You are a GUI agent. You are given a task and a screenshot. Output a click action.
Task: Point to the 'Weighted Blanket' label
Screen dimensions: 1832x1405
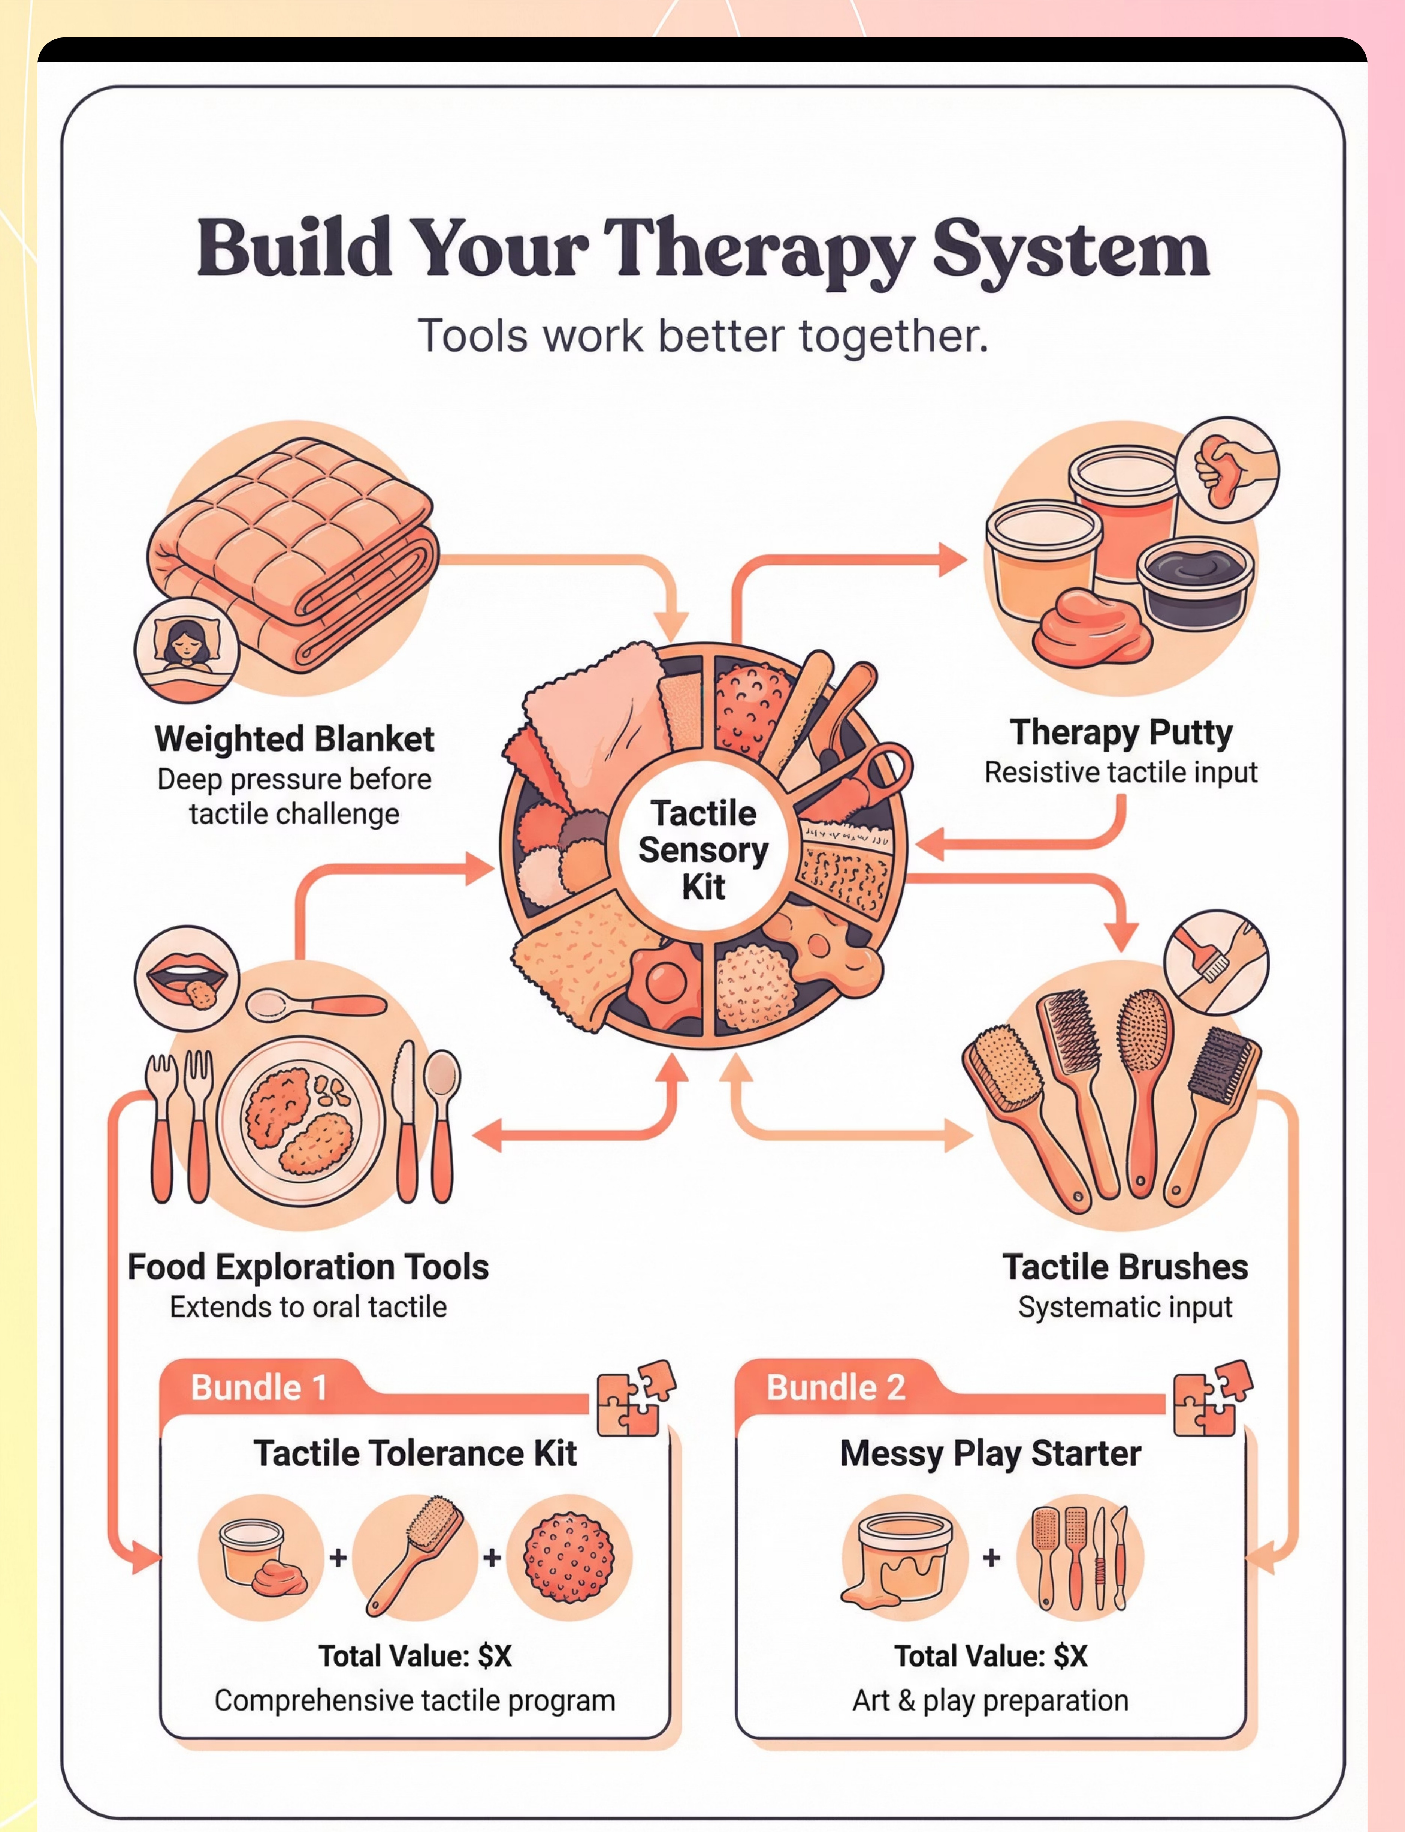click(x=294, y=740)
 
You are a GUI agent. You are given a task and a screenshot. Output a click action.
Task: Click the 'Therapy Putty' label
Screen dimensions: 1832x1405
click(x=1121, y=733)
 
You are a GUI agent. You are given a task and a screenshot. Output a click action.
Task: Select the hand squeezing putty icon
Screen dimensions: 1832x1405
click(x=1227, y=470)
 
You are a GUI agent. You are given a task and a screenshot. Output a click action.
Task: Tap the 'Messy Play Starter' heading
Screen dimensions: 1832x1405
click(x=990, y=1454)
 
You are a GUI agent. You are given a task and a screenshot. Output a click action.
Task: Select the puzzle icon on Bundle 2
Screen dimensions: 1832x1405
click(x=1211, y=1397)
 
